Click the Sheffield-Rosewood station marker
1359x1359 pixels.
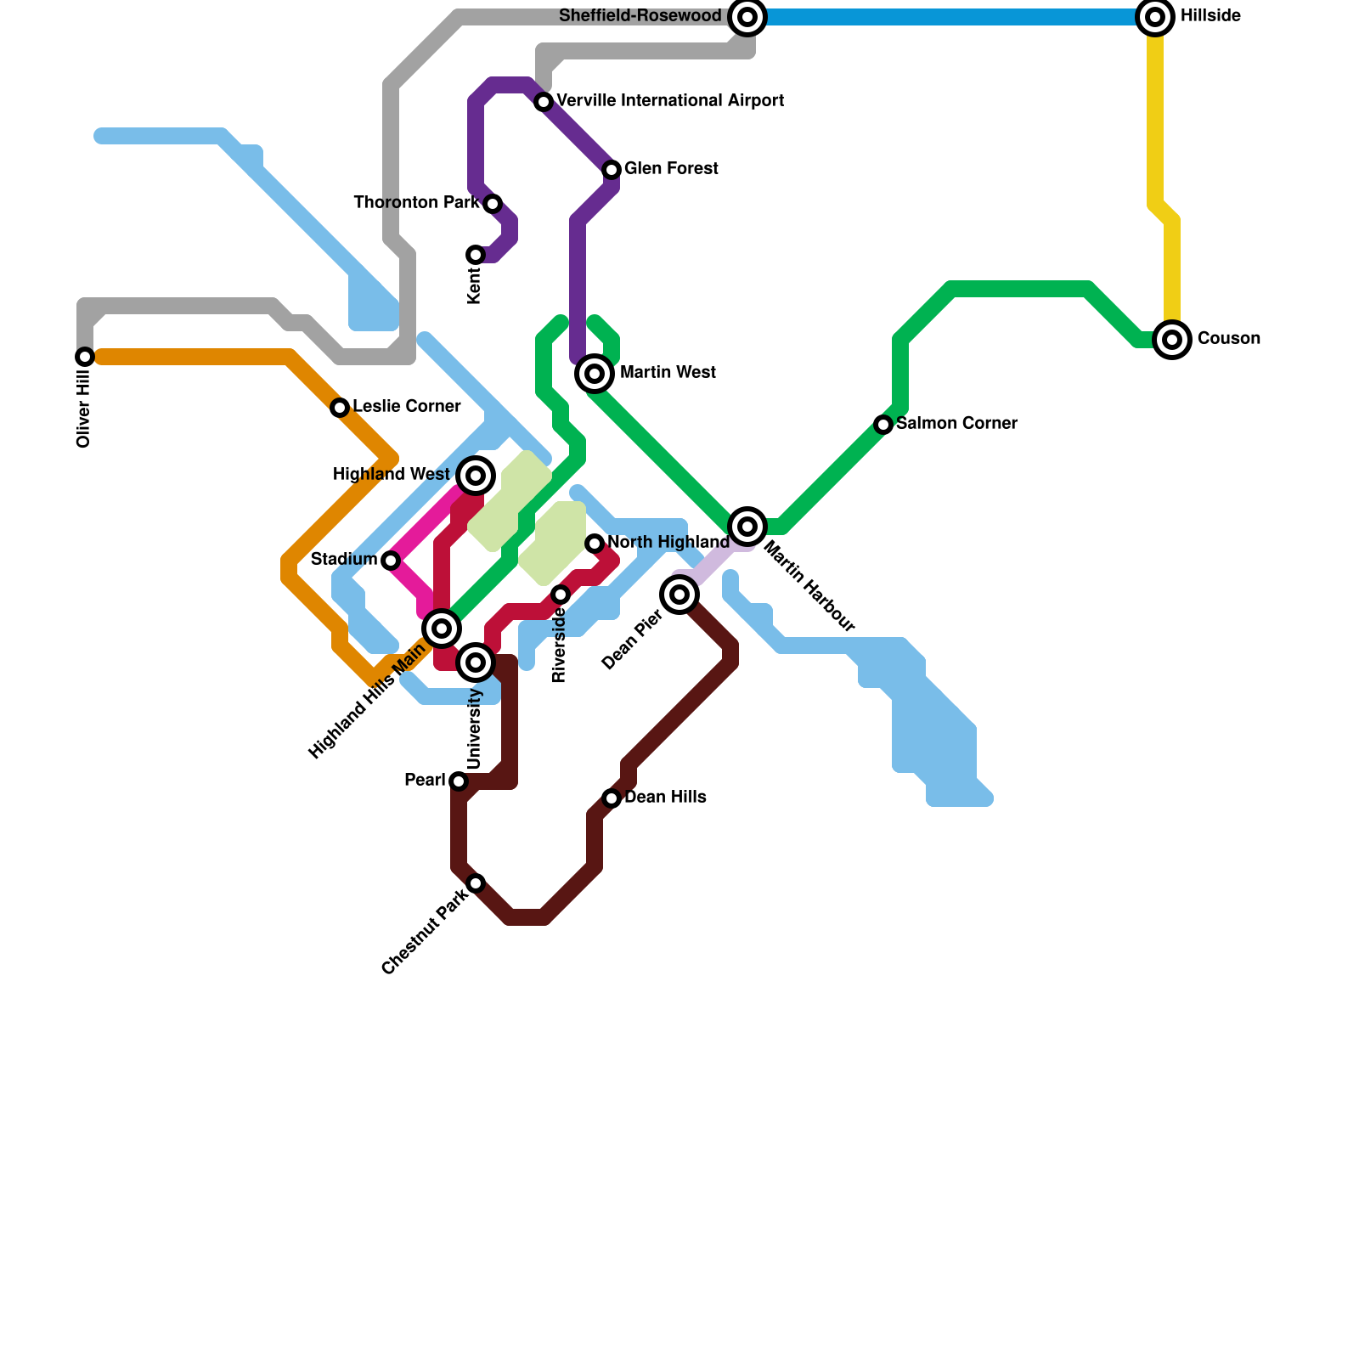(747, 17)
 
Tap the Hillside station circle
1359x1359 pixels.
(1155, 17)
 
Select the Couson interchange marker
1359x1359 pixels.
(1172, 340)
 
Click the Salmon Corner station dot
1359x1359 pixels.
(883, 425)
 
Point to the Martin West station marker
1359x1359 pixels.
(595, 374)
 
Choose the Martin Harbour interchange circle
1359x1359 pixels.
(747, 527)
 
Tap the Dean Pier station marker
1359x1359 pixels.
(679, 595)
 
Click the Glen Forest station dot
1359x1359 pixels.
(612, 170)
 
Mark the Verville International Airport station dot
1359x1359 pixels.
(544, 102)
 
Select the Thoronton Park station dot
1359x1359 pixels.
(493, 204)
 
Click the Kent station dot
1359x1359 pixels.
(476, 255)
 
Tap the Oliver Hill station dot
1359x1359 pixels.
(85, 357)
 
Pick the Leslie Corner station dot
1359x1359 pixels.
(340, 408)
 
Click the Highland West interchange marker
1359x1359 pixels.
(476, 476)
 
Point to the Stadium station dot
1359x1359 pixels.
(391, 561)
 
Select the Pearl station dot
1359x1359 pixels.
(459, 781)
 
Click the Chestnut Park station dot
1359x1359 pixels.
(476, 883)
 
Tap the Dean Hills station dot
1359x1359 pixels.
(612, 798)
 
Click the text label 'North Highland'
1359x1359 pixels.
(668, 543)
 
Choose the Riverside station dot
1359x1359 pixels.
(561, 595)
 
